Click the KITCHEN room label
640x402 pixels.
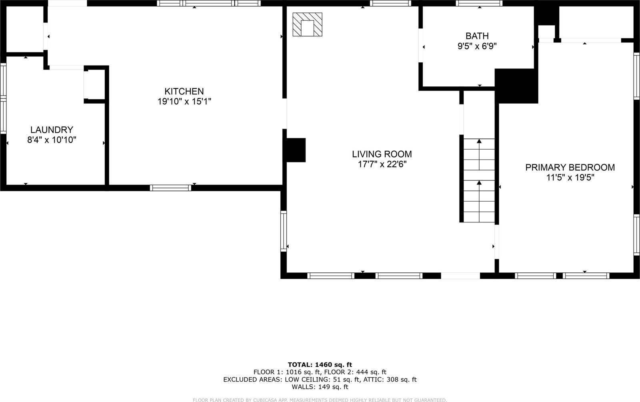184,91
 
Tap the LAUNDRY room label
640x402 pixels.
52,130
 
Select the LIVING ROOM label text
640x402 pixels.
382,154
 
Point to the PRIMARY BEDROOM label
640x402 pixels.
570,167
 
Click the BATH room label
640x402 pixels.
477,36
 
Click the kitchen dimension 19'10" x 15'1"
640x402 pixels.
184,102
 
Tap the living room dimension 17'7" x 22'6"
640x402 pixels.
382,164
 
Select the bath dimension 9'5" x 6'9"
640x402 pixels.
477,46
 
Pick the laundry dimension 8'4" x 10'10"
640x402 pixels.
52,140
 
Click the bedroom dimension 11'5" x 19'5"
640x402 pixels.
570,178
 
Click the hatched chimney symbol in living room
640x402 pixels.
307,25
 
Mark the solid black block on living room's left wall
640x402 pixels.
296,150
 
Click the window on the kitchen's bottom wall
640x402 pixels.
170,188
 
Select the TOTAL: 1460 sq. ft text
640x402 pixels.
320,364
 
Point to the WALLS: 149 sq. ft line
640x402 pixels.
320,387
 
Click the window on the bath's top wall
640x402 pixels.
479,3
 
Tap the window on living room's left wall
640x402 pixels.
284,231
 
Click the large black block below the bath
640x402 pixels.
516,86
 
